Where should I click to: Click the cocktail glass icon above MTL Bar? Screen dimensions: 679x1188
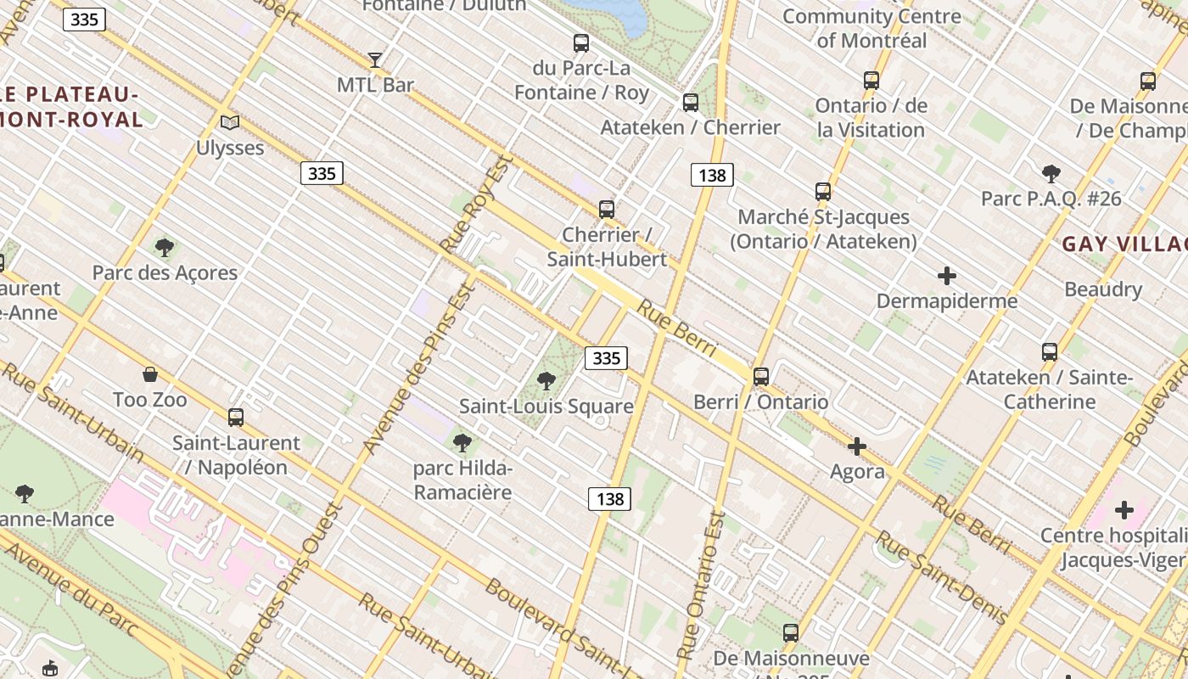tap(374, 60)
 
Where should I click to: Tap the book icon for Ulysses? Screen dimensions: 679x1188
tap(230, 122)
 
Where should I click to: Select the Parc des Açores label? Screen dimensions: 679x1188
tap(165, 272)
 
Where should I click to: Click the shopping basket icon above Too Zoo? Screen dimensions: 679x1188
tap(150, 374)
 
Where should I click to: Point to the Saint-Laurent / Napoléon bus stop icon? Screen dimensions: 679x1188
tap(236, 418)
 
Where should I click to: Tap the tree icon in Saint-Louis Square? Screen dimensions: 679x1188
tap(546, 381)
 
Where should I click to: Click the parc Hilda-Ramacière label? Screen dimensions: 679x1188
tap(462, 480)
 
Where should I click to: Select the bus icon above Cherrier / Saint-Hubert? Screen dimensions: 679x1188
tap(606, 210)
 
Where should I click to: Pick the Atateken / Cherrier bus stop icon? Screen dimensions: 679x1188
tap(691, 103)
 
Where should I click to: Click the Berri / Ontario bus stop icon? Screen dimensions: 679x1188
tap(761, 377)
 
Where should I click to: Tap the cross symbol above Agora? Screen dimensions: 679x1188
tap(857, 446)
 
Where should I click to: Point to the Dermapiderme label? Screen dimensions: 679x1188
tap(946, 301)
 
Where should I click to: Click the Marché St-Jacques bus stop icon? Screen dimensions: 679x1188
tap(823, 192)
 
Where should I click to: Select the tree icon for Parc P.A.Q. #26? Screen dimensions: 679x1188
tap(1051, 174)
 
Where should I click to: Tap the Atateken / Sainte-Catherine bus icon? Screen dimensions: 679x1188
tap(1050, 352)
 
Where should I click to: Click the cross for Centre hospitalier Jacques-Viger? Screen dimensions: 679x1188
tap(1124, 510)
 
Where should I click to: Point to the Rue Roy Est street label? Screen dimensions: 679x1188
tap(478, 204)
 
